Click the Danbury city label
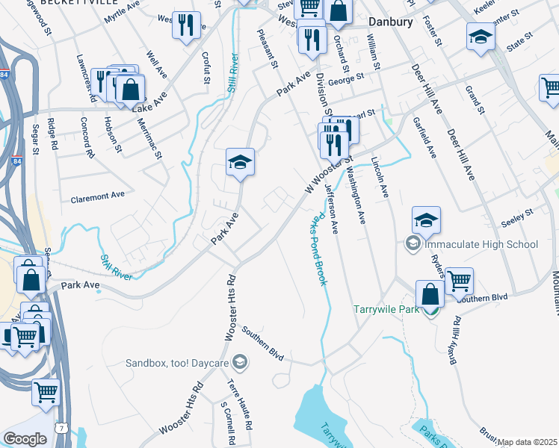coord(390,22)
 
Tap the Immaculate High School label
coord(481,244)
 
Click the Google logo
coord(25,438)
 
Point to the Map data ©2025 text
coord(527,443)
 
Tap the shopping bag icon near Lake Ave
coord(130,89)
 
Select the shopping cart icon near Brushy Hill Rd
coord(459,281)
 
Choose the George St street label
coord(346,77)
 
